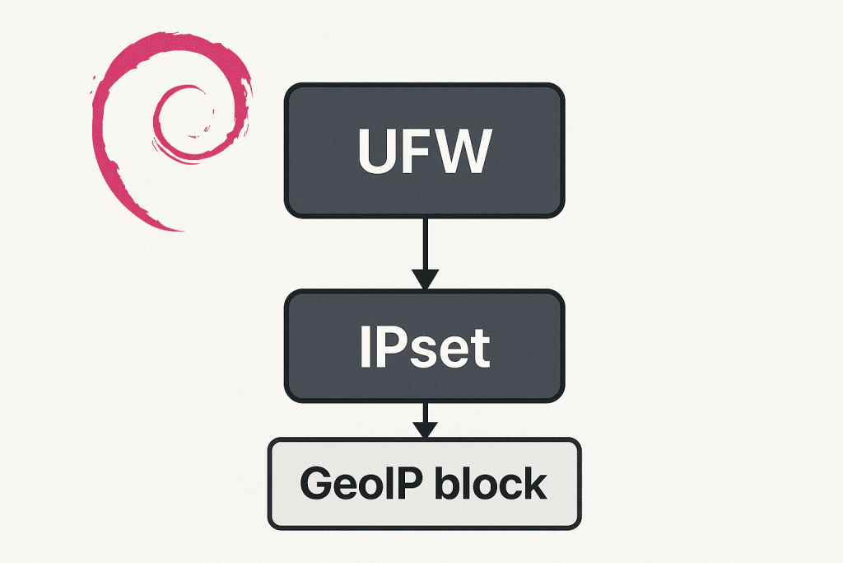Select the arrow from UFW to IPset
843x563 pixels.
coord(424,247)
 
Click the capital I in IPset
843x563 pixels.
coord(365,346)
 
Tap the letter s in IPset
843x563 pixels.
coord(421,351)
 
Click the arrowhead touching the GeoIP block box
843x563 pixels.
coord(424,430)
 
